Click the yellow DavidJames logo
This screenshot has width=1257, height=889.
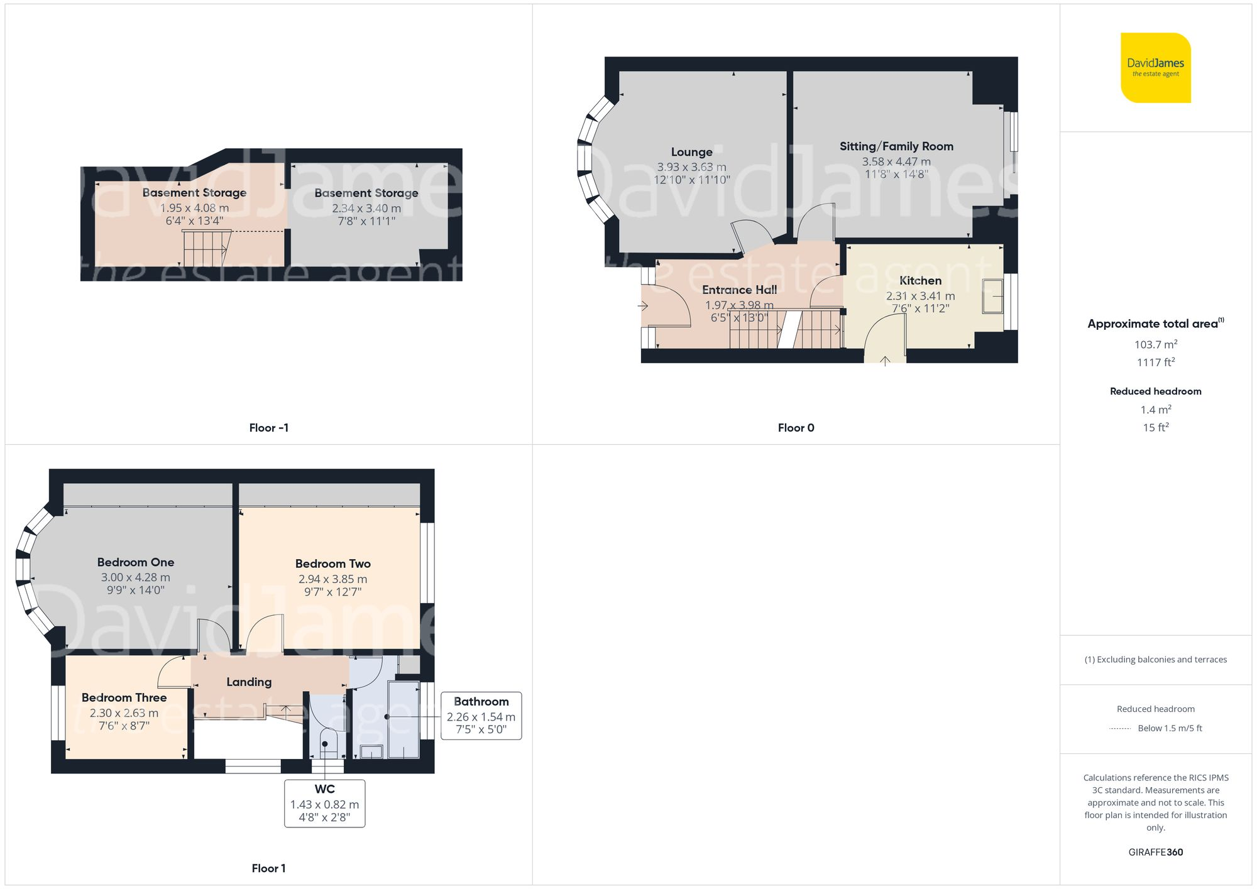[x=1155, y=68]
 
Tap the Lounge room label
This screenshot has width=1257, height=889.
[x=691, y=152]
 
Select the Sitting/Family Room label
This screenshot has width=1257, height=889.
[x=896, y=146]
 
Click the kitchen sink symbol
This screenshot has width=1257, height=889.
[x=993, y=296]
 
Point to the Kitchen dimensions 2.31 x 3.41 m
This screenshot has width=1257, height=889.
[x=920, y=296]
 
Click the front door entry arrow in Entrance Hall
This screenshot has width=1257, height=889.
[x=643, y=306]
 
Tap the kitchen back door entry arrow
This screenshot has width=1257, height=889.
[x=885, y=361]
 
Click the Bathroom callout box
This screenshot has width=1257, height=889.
[x=481, y=716]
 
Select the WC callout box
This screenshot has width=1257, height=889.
[x=324, y=804]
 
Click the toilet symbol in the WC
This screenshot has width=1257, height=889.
[x=325, y=744]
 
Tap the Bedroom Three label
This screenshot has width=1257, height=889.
[x=124, y=697]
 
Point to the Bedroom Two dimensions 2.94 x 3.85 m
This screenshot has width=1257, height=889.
[x=332, y=579]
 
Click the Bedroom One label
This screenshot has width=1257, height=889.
[x=135, y=562]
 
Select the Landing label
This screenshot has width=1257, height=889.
[x=249, y=682]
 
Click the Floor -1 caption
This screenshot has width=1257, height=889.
[x=268, y=428]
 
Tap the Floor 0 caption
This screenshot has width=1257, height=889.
[x=796, y=428]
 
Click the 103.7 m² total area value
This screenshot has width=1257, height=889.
[x=1155, y=344]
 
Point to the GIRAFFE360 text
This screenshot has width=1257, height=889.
[x=1155, y=852]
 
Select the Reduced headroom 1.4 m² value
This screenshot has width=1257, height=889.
[x=1155, y=410]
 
